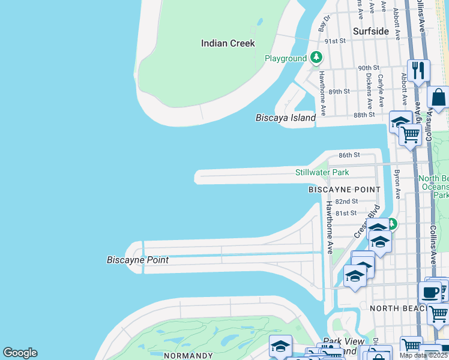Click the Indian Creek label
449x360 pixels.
tap(228, 43)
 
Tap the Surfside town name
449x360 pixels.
tap(370, 31)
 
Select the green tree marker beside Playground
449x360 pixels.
tap(316, 58)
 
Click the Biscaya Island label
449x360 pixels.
tap(285, 118)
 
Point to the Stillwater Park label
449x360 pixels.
tap(322, 173)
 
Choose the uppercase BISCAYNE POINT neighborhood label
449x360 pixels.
tap(344, 190)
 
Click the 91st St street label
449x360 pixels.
tap(335, 41)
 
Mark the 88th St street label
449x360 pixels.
tap(364, 114)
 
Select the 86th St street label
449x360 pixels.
tap(349, 155)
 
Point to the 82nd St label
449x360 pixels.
tap(346, 202)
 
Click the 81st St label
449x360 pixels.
tap(346, 213)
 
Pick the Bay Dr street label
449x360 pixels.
tap(324, 23)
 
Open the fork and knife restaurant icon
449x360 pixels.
tap(418, 70)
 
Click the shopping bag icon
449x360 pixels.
tap(439, 97)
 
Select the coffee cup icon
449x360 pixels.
tap(430, 292)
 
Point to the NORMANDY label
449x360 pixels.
tap(188, 356)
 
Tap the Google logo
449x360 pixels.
tap(20, 353)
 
